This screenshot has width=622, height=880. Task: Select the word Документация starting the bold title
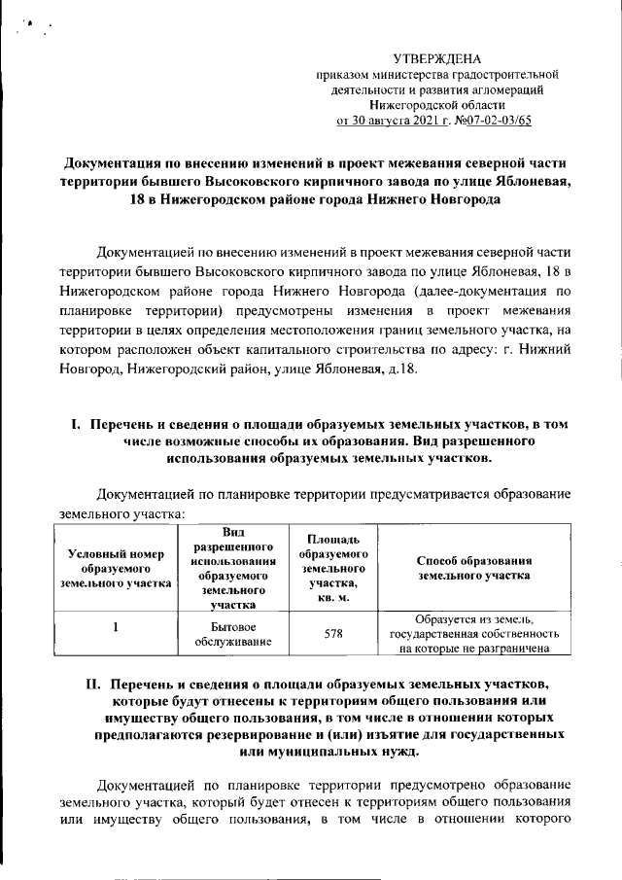111,161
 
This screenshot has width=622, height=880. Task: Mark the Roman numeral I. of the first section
77,425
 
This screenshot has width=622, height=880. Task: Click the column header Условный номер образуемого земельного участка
115,568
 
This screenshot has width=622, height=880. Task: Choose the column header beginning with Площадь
333,568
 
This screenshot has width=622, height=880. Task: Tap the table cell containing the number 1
115,627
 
